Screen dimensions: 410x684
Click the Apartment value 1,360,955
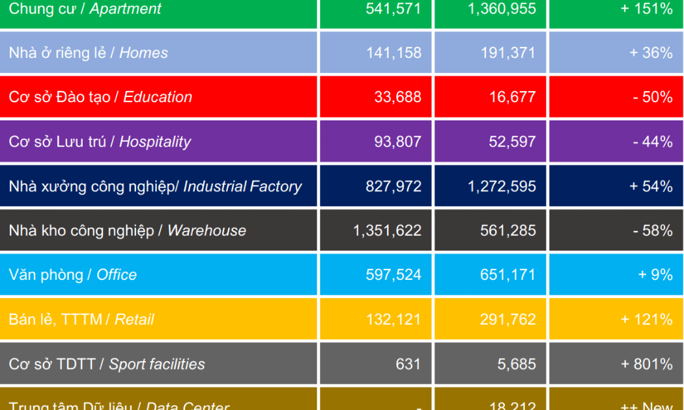[502, 9]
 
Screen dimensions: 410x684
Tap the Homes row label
[89, 53]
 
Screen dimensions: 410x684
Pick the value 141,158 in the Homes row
[393, 53]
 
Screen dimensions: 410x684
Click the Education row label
[100, 98]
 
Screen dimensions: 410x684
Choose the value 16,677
[513, 98]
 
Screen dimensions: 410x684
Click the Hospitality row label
[100, 142]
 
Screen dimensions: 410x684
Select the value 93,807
[397, 142]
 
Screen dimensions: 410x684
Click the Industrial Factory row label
[155, 187]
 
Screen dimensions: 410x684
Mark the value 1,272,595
[502, 187]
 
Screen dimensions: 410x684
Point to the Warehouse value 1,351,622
[387, 231]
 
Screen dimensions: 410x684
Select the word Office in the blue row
[117, 275]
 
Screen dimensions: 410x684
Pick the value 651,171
[508, 275]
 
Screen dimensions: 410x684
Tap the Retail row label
[81, 320]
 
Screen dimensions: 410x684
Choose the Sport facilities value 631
[408, 364]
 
